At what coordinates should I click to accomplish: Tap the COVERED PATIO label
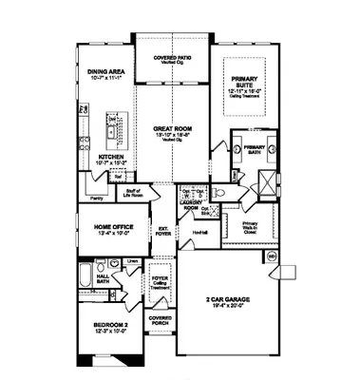(x=171, y=59)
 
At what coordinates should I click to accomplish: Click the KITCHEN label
(x=111, y=158)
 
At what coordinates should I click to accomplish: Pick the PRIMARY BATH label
(x=255, y=149)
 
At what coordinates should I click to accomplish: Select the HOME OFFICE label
(x=112, y=228)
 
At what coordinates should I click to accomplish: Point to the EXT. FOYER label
(x=162, y=229)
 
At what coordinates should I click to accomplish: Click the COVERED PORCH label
(x=160, y=320)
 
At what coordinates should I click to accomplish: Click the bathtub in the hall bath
(x=85, y=278)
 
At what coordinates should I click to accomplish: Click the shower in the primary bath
(x=267, y=184)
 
